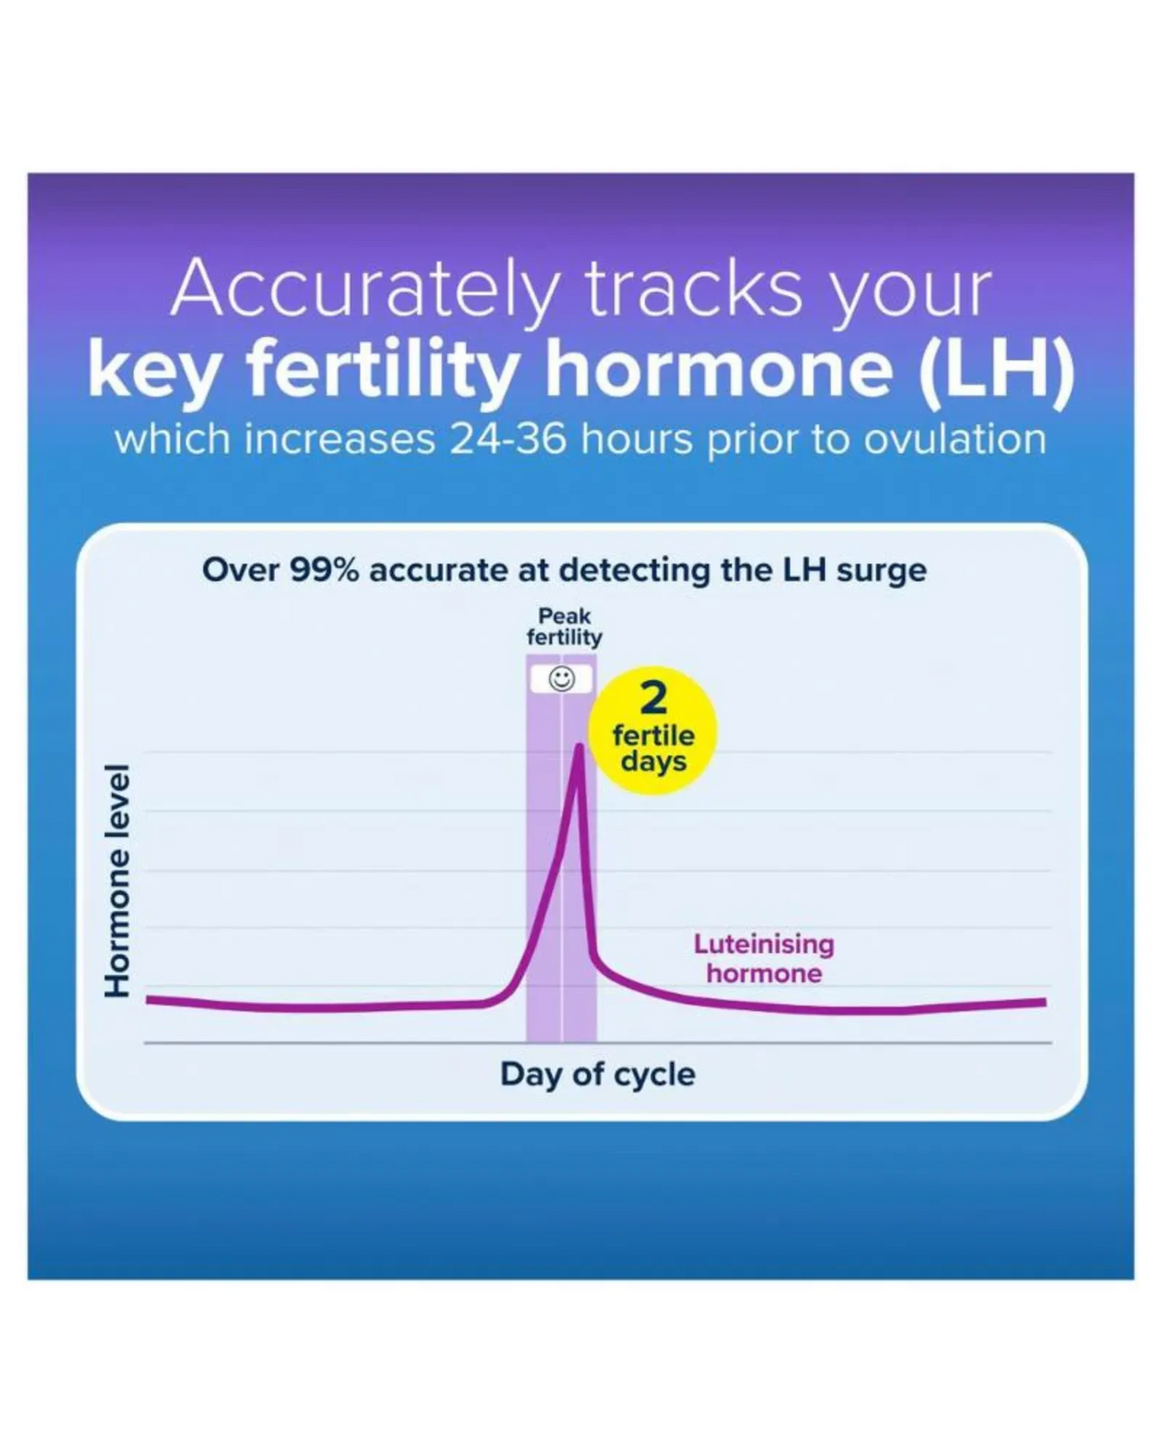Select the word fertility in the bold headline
click(382, 371)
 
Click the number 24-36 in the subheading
click(508, 440)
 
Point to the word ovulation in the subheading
click(955, 440)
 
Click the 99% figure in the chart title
click(324, 570)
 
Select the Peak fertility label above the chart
click(565, 627)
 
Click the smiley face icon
click(561, 679)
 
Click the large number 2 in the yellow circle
click(653, 698)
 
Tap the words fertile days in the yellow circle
click(653, 748)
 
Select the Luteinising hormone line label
click(764, 958)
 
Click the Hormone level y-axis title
click(117, 880)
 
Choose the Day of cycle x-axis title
click(597, 1075)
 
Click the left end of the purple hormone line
click(147, 999)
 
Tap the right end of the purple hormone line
click(1045, 1002)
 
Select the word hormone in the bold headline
click(720, 371)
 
